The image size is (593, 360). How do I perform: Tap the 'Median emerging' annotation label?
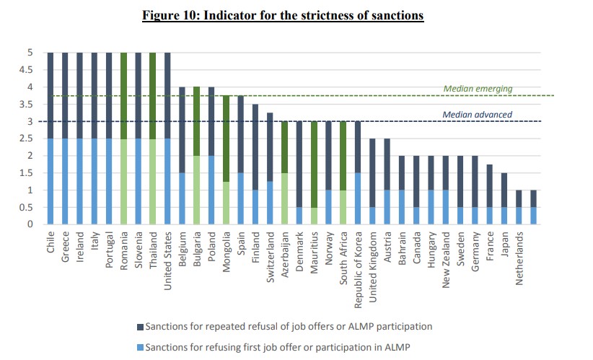click(478, 89)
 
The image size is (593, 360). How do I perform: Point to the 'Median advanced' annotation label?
click(478, 114)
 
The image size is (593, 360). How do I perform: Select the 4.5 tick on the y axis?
click(28, 70)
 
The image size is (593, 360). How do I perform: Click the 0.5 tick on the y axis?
click(28, 207)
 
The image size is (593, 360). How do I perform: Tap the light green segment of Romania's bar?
click(123, 181)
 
